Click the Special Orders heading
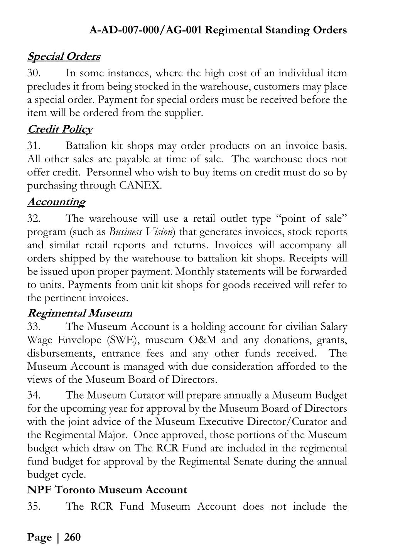pos(64,57)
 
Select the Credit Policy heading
pos(60,129)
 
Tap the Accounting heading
pos(56,202)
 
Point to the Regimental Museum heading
pos(80,313)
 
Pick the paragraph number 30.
pos(34,73)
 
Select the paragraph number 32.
pos(34,219)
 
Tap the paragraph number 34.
pos(34,395)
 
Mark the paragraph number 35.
pos(34,506)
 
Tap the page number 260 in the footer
pos(73,537)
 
